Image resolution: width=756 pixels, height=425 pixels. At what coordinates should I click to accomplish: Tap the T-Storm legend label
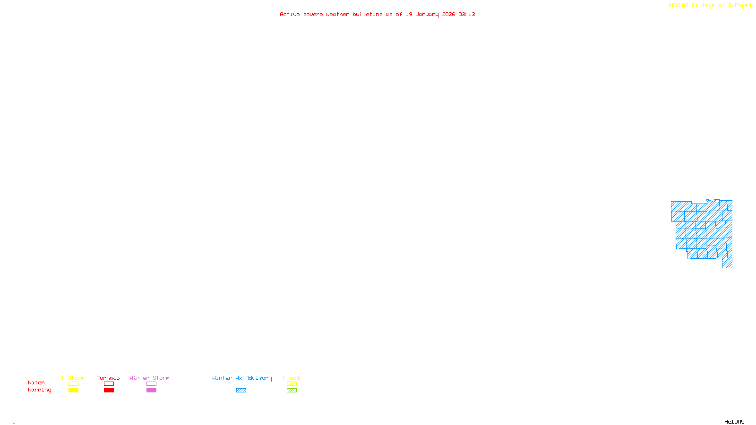73,378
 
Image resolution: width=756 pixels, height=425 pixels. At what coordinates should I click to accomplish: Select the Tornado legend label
108,378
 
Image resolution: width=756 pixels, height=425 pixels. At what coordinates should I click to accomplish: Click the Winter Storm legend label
149,378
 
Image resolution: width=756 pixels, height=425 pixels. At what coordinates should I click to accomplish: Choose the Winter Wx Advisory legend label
242,378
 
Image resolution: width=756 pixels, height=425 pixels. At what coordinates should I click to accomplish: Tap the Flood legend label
292,378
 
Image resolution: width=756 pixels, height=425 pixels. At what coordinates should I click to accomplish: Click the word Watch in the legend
36,382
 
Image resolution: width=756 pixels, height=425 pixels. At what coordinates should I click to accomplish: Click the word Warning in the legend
40,390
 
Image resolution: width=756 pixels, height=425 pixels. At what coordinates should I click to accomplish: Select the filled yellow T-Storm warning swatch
73,391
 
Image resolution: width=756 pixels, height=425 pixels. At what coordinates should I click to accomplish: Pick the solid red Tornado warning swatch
109,391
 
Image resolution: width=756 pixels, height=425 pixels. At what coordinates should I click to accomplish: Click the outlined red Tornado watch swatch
109,384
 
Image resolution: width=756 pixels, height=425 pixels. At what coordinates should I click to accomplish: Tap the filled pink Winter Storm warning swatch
151,391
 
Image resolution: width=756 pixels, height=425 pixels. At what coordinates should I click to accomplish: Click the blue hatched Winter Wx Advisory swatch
241,391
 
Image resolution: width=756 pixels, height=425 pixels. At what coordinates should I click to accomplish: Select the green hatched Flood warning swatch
292,391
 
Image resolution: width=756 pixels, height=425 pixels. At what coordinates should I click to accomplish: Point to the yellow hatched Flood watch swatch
292,384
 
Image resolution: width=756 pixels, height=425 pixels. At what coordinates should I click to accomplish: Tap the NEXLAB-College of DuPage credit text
708,5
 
